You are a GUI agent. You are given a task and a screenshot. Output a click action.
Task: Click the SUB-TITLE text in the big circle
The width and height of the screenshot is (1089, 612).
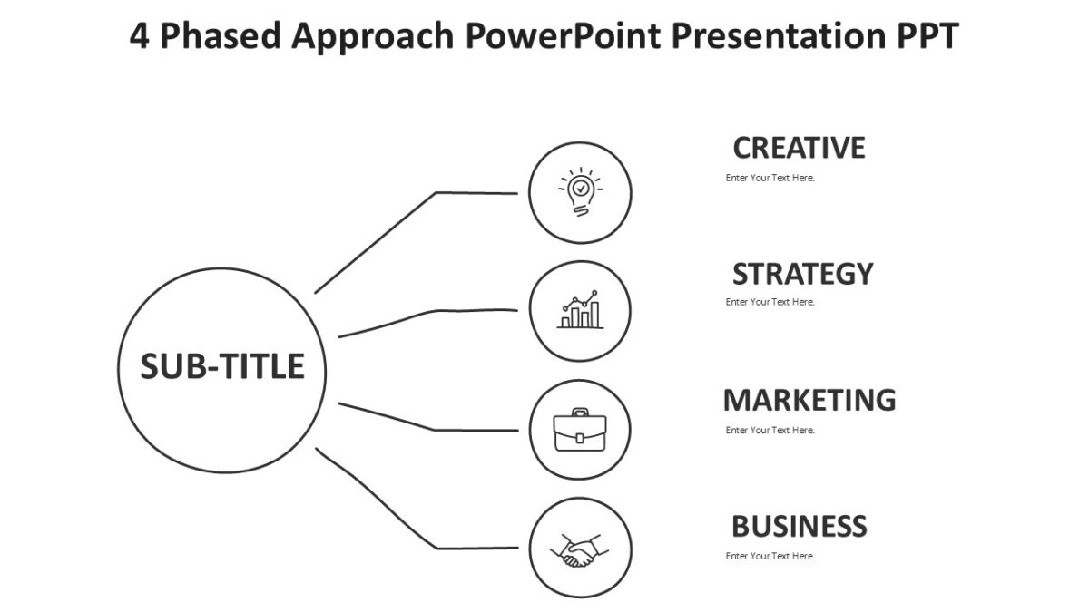click(x=222, y=366)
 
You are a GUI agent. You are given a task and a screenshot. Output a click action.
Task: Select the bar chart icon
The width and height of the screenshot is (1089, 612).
click(x=580, y=310)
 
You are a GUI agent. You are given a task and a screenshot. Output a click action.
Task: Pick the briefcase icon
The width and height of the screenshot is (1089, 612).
click(x=580, y=430)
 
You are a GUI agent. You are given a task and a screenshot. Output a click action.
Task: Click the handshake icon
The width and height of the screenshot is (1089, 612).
click(x=580, y=549)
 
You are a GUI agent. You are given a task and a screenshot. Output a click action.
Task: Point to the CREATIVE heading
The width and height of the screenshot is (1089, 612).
click(x=799, y=148)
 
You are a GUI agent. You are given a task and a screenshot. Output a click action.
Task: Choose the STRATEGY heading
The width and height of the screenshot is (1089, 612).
click(x=802, y=274)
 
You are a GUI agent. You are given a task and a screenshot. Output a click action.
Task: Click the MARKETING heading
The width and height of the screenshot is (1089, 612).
click(x=809, y=400)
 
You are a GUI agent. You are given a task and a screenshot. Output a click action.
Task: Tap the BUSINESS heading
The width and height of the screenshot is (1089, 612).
click(x=799, y=526)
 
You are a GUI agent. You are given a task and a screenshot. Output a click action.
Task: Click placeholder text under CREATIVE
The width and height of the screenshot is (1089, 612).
click(x=770, y=178)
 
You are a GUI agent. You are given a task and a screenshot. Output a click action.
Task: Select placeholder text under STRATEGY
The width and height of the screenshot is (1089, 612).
click(x=770, y=302)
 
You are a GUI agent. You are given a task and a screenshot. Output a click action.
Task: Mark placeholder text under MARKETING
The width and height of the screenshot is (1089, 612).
click(x=770, y=430)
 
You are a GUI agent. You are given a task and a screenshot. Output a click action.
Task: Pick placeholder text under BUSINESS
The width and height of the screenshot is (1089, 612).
click(x=770, y=556)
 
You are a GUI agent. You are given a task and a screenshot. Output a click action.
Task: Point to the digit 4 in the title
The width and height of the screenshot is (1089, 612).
click(x=139, y=37)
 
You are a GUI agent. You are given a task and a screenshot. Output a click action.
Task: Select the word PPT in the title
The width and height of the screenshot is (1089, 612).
click(x=925, y=37)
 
